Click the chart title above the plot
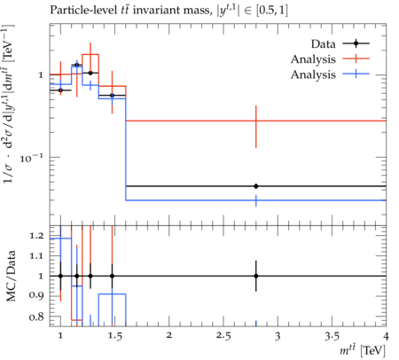pos(168,11)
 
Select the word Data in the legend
pos(323,44)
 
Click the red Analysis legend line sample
pos(356,59)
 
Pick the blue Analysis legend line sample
pos(356,74)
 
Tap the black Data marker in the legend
pos(356,43)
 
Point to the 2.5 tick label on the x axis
pos(223,336)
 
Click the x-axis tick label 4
pos(386,336)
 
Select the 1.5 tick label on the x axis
pos(114,336)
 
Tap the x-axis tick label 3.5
pos(332,336)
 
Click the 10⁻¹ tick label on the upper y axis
pos(31,158)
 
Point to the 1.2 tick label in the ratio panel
pos(36,236)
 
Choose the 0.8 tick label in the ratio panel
pos(36,317)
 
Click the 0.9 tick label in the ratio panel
pos(36,296)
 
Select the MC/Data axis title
pos(11,276)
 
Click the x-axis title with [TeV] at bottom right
pos(363,351)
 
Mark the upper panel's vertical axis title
pos(9,104)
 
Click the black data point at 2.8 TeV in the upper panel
pos(256,186)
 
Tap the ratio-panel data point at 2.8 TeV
pos(256,276)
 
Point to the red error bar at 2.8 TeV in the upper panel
pos(256,127)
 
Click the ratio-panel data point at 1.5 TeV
pos(112,276)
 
